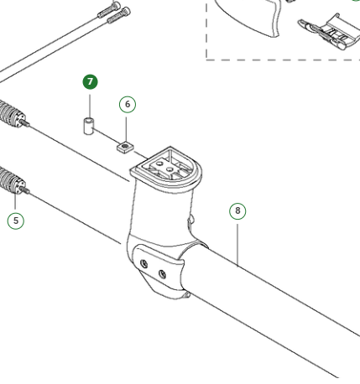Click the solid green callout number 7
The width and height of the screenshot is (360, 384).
[90, 82]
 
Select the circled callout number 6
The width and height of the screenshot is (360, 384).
[128, 104]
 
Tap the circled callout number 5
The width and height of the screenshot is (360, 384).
[16, 221]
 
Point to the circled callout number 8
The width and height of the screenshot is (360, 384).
[237, 210]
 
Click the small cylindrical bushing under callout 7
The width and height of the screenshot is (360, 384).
[89, 127]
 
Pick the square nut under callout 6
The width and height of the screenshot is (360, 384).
[125, 147]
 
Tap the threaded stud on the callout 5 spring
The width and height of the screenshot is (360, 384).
[25, 190]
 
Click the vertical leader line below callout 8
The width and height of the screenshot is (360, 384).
[237, 245]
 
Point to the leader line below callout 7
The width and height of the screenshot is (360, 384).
[90, 106]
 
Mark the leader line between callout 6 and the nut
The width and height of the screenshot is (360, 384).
[126, 129]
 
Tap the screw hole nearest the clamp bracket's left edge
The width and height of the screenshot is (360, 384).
[144, 263]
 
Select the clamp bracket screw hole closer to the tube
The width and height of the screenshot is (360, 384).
[162, 274]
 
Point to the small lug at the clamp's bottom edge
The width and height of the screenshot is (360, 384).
[187, 294]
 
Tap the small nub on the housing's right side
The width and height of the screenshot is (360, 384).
[190, 220]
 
